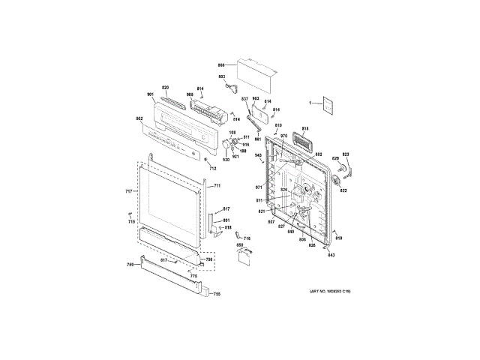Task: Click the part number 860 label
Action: click(x=222, y=66)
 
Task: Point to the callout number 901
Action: click(x=150, y=94)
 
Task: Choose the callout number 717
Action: click(x=128, y=192)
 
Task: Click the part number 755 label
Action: click(x=216, y=294)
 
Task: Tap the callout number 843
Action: click(x=331, y=256)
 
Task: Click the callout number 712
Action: click(x=213, y=168)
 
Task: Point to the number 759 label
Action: click(x=130, y=265)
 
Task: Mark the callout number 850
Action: click(x=241, y=245)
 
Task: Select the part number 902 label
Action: click(x=139, y=118)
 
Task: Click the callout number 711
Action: click(x=217, y=185)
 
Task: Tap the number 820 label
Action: click(x=165, y=88)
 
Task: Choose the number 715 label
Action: click(x=131, y=222)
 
